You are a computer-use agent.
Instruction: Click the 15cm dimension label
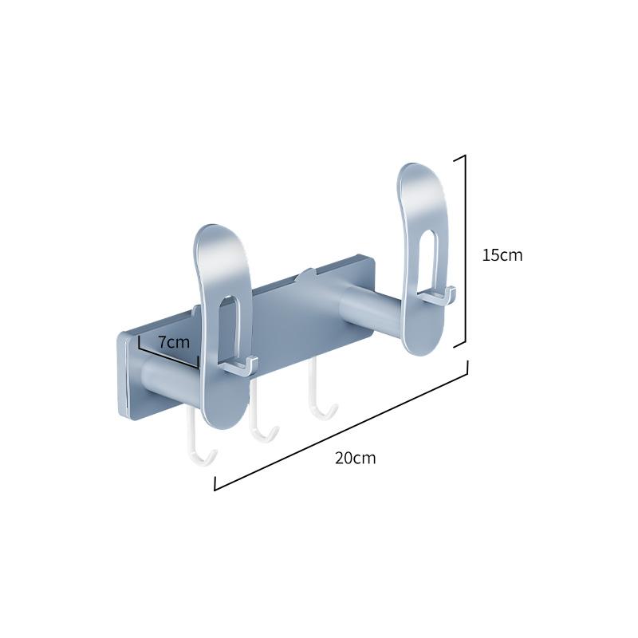pyautogui.click(x=502, y=255)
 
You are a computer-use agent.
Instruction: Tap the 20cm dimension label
pyautogui.click(x=355, y=458)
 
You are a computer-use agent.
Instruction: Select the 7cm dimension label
pyautogui.click(x=173, y=342)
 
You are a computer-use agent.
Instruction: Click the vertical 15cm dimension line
pyautogui.click(x=465, y=250)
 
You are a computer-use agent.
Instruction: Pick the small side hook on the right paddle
pyautogui.click(x=438, y=297)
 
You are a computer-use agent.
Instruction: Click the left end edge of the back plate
pyautogui.click(x=124, y=375)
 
